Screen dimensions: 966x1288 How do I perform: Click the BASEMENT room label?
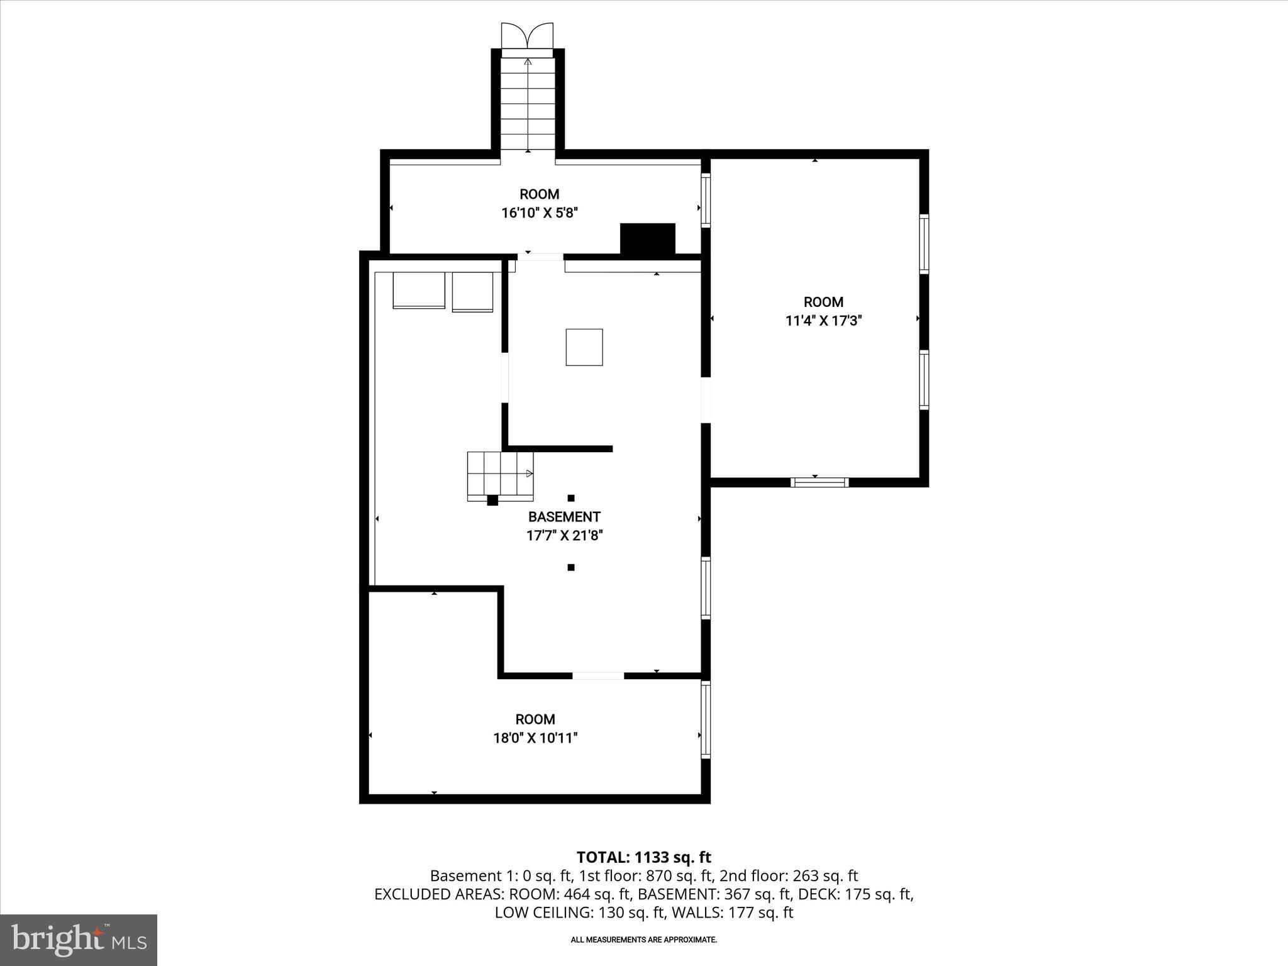(x=564, y=517)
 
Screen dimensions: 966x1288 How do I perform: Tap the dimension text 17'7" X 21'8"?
(x=564, y=536)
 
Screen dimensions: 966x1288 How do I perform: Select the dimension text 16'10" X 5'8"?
(x=539, y=213)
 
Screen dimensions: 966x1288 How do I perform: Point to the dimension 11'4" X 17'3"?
(x=823, y=321)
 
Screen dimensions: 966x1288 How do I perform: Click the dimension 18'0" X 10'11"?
(x=535, y=738)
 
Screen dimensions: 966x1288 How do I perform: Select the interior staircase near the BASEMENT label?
(x=500, y=476)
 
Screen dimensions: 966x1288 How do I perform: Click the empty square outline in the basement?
(x=584, y=347)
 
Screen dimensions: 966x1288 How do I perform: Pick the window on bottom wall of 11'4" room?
(x=819, y=482)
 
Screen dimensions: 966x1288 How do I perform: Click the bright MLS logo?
(x=79, y=940)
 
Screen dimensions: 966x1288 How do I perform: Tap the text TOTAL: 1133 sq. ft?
(x=643, y=857)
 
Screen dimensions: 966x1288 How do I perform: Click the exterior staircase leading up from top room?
(x=527, y=104)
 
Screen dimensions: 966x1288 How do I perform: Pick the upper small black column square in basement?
(x=571, y=498)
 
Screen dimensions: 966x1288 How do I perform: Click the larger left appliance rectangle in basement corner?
(x=418, y=290)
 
